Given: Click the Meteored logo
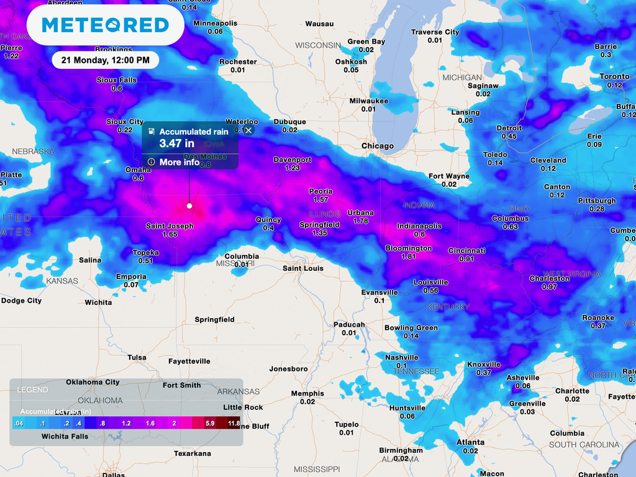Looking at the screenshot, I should coord(105,25).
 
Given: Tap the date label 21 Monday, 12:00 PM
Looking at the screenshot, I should coord(105,60).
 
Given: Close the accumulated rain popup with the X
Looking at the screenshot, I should coord(248,130).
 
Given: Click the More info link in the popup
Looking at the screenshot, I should coord(179,162).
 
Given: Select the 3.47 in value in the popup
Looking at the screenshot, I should coord(177,143).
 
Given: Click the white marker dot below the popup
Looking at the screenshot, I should coord(189,206).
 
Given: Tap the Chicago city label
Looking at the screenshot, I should coord(378,146).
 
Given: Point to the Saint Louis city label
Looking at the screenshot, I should coord(303,268).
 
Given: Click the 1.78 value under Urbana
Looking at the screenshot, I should coord(360,221).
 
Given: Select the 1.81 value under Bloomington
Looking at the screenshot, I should coord(408,257).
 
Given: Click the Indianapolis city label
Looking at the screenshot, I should coord(419,226).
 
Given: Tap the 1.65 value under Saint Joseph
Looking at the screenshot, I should coord(170,234).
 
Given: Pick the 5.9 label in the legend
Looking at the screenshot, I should coord(210,423).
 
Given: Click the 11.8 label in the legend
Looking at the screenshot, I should coord(234,423).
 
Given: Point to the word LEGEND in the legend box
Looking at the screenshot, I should coord(32,389).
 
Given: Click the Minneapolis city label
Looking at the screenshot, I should coord(215,23).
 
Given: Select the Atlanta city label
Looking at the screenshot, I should coord(470,442).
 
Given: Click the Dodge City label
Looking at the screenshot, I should coord(21,301).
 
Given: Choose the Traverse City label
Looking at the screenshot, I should coord(435,32).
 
